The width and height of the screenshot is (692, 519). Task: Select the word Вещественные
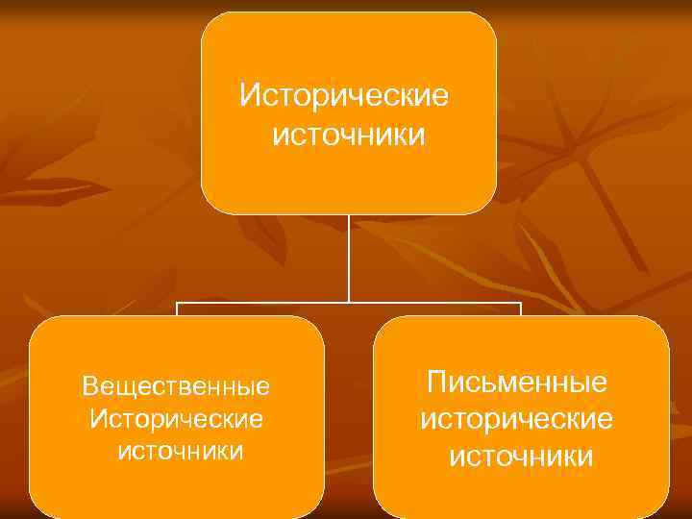click(176, 386)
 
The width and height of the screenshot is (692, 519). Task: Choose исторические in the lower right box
click(516, 418)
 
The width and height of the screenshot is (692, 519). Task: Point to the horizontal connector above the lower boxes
click(432, 304)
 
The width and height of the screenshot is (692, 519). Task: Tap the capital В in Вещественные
click(90, 386)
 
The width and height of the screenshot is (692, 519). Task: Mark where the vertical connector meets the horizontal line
click(348, 304)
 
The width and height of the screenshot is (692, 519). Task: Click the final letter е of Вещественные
click(264, 386)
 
